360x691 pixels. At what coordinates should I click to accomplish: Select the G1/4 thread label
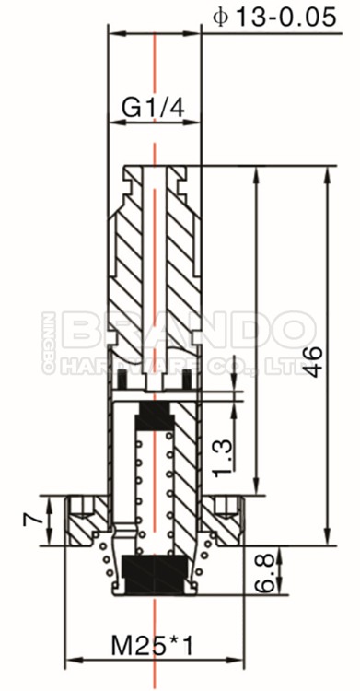pyautogui.click(x=154, y=108)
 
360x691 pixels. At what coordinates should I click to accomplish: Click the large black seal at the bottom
pyautogui.click(x=155, y=573)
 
